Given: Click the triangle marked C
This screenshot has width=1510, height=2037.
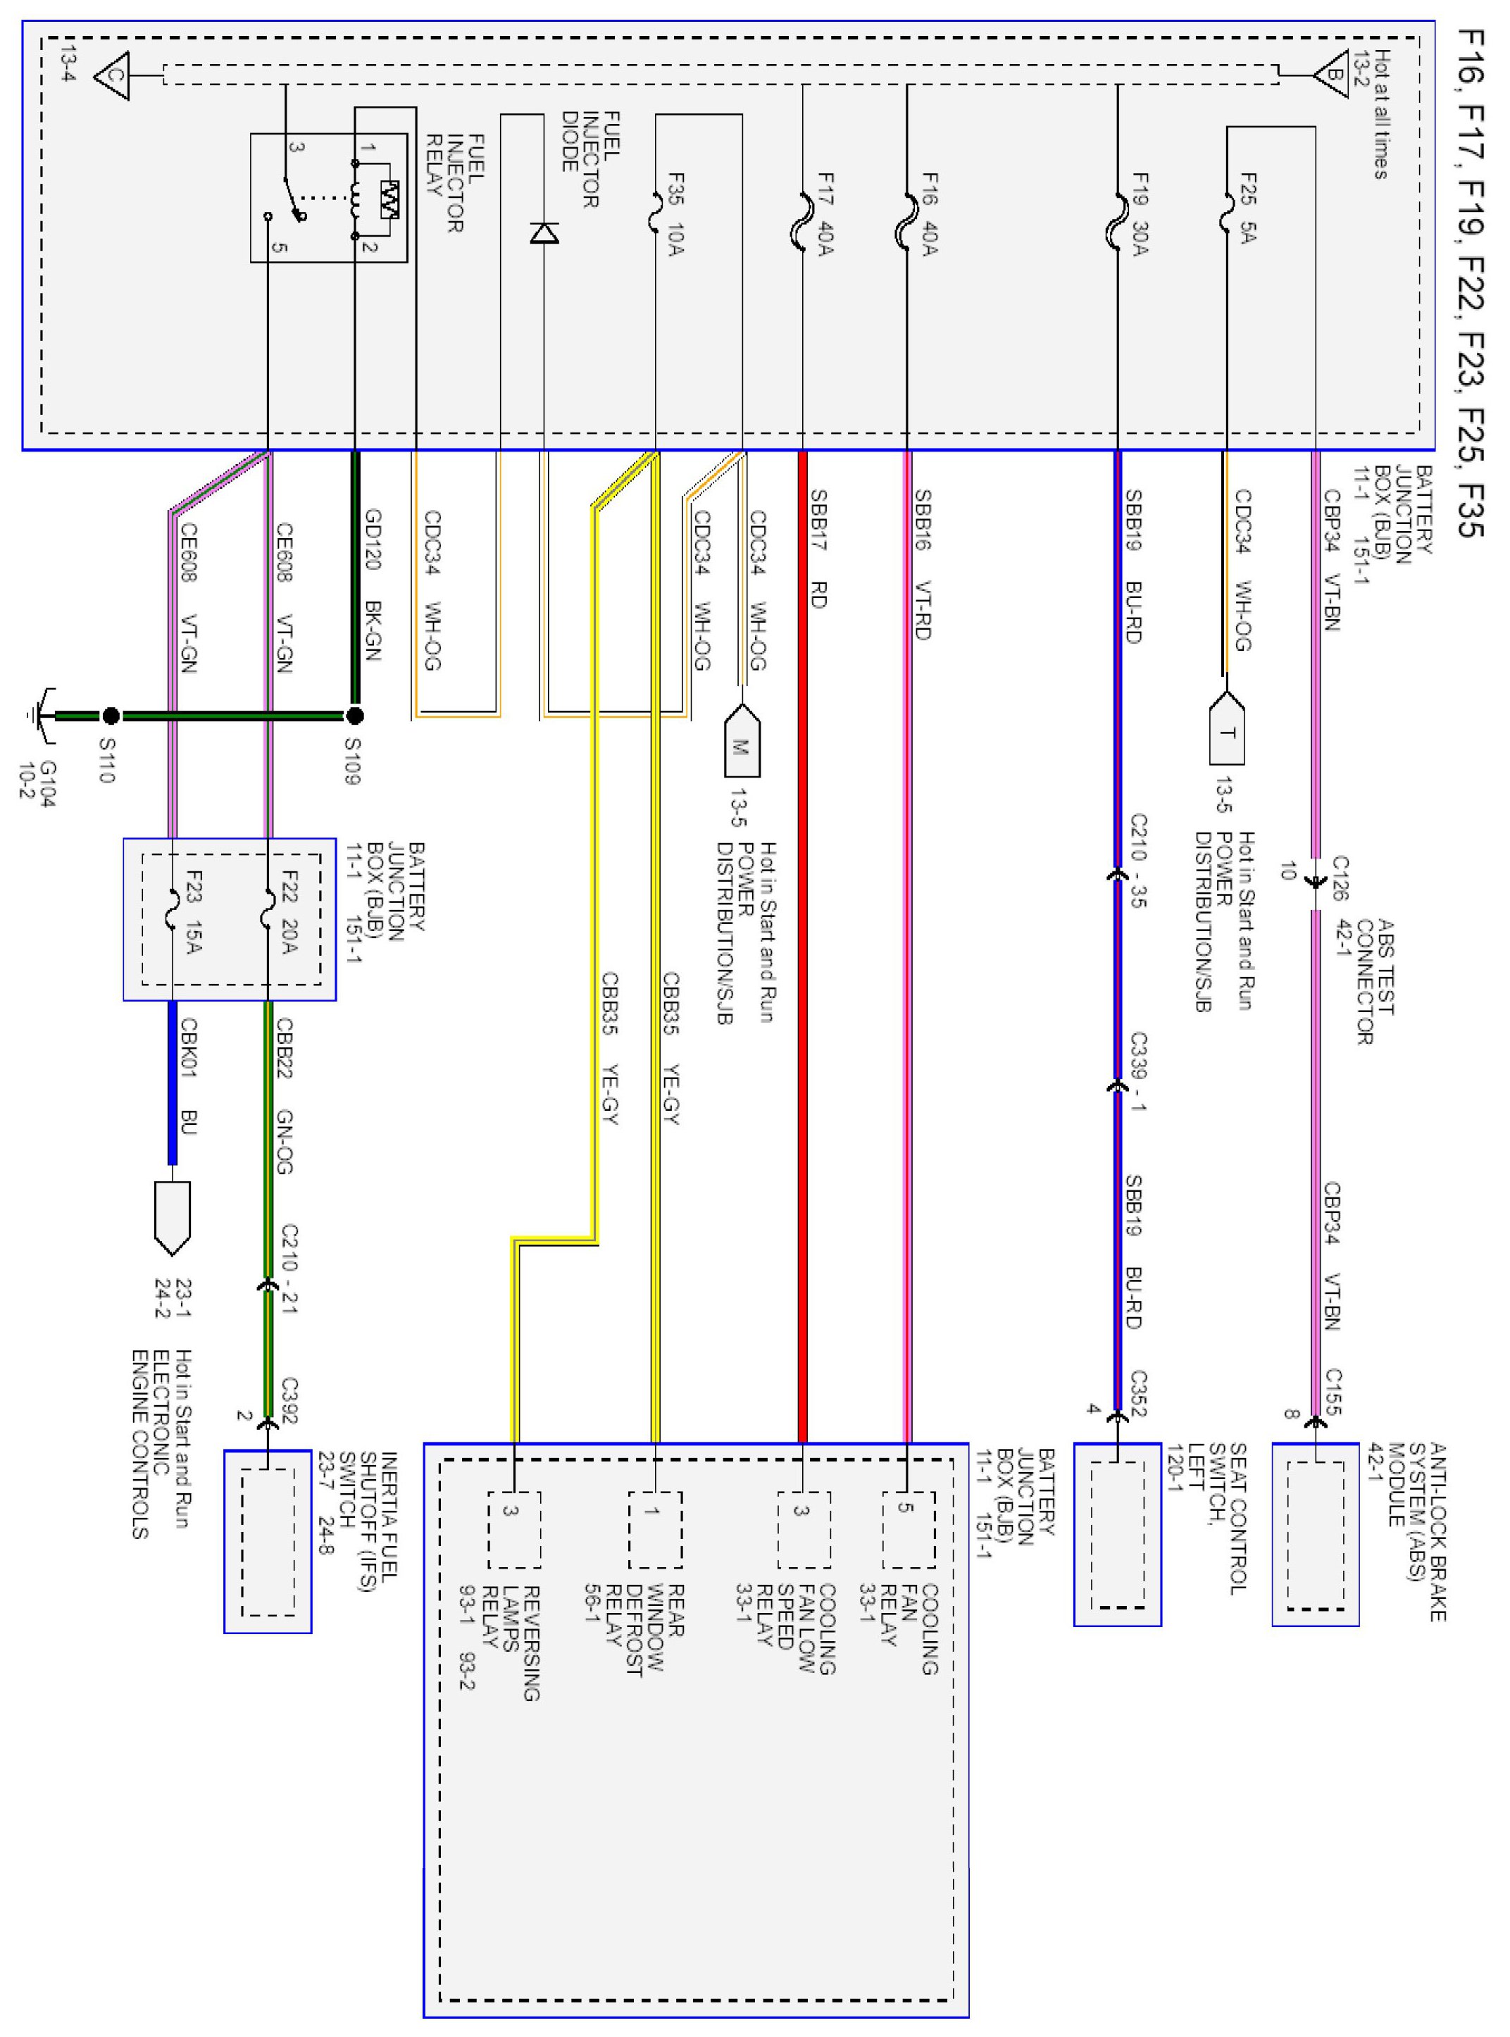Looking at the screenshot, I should coord(113,75).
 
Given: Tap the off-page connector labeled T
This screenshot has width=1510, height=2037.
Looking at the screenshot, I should coord(1227,730).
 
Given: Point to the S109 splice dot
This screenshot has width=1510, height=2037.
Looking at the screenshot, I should coord(355,716).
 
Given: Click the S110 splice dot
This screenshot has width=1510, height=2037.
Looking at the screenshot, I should coord(111,716).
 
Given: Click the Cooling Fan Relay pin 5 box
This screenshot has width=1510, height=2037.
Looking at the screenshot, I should coord(908,1530).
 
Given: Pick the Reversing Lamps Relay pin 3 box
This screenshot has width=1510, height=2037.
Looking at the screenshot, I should coord(513,1530).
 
